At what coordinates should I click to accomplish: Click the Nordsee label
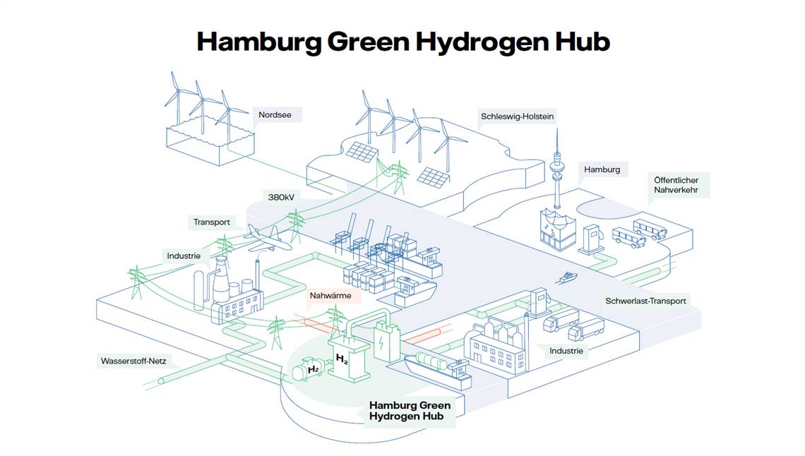(x=275, y=115)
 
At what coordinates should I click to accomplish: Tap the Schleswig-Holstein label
(x=517, y=116)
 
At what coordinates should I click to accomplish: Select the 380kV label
(x=281, y=197)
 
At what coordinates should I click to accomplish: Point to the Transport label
(x=212, y=222)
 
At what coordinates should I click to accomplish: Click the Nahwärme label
(x=330, y=296)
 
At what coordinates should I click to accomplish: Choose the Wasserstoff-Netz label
(x=133, y=361)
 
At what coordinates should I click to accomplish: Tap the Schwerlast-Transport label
(x=645, y=301)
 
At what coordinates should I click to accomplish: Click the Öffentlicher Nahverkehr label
(x=676, y=185)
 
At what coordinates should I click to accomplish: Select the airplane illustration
(x=268, y=239)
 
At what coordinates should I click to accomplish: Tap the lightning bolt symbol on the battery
(x=381, y=342)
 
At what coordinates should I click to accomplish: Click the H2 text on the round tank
(x=313, y=368)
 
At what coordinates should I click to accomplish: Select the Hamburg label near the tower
(x=602, y=169)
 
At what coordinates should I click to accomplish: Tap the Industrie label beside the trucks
(x=566, y=351)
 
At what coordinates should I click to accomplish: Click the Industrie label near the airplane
(x=184, y=256)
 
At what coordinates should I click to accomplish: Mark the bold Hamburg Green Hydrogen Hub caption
(x=410, y=411)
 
